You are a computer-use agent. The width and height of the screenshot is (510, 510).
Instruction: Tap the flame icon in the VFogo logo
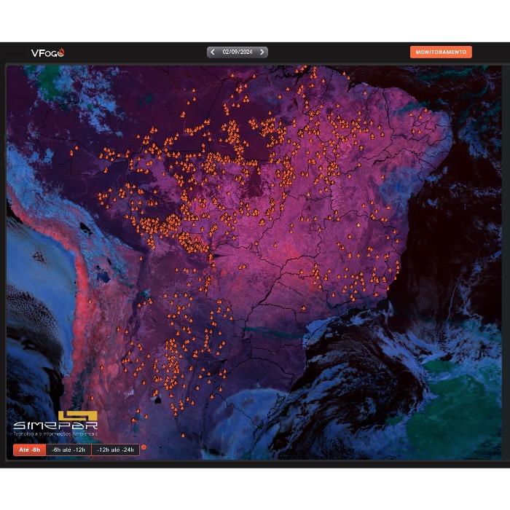pos(61,52)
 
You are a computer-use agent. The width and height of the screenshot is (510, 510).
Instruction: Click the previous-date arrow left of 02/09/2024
pos(212,52)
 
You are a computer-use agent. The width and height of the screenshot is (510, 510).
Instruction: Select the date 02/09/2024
pos(237,52)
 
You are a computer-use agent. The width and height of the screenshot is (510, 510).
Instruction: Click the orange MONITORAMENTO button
pos(441,52)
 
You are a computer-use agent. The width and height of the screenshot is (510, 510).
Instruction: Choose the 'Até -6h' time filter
pos(29,450)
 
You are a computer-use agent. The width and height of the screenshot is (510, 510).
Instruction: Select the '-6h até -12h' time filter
pos(69,450)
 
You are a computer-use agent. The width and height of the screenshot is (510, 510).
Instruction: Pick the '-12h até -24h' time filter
pos(116,450)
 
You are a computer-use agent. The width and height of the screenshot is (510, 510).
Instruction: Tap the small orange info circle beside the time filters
pos(144,447)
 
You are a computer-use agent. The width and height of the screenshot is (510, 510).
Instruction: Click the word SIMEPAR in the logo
pos(55,425)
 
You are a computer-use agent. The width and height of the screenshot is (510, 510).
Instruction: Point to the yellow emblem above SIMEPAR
pos(77,416)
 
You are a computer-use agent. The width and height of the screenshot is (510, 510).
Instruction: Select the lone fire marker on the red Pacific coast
pos(90,301)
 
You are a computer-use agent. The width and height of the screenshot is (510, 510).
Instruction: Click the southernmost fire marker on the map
pos(183,435)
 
